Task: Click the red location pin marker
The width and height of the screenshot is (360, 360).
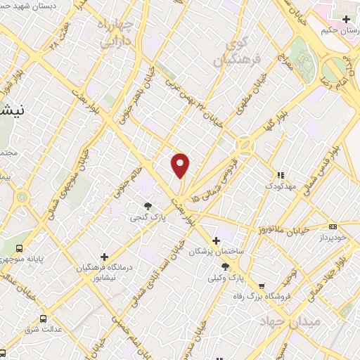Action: point(181,165)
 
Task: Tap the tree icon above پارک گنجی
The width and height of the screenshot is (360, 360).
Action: point(148,206)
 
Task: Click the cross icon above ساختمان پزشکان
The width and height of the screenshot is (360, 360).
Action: point(216,241)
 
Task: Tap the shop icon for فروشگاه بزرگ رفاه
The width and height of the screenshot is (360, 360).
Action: point(262,286)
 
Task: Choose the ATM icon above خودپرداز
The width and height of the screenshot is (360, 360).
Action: point(333,226)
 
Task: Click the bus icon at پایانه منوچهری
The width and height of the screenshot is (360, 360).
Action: point(19,247)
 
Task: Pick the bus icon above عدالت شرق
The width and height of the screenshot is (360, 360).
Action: point(44,318)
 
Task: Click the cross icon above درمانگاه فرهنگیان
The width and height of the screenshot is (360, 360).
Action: point(105,257)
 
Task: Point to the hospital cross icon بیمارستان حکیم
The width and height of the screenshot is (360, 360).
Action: point(346,19)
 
